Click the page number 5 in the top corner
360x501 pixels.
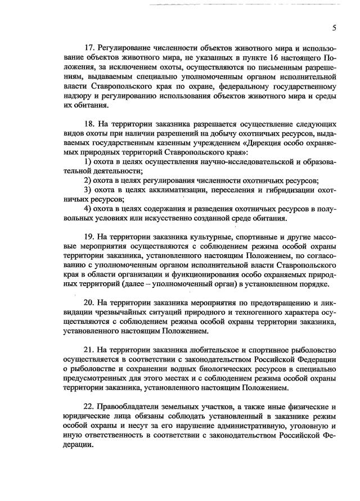(x=334, y=28)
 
